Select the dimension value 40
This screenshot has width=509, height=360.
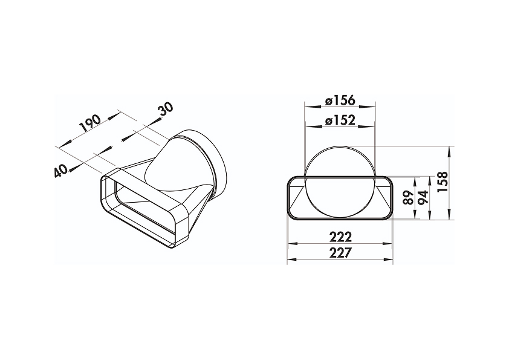61,171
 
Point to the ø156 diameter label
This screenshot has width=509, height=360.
340,100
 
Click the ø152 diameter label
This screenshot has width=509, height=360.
340,120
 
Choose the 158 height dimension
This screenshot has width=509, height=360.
443,182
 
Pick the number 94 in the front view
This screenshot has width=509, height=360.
423,197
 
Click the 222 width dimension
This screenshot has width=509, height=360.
340,237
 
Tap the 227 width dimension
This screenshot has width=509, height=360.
340,253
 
